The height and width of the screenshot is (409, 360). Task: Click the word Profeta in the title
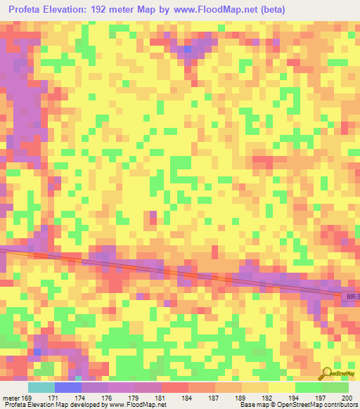[x=30, y=10]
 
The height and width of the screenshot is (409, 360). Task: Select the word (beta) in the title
[x=272, y=10]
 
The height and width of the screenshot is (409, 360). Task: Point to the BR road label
[x=352, y=298]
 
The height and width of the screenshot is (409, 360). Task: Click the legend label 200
[x=346, y=398]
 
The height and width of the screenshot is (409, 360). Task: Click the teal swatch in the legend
[x=41, y=387]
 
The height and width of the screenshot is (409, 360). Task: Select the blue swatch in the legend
[x=68, y=387]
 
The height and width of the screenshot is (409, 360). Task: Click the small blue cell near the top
[x=187, y=50]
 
